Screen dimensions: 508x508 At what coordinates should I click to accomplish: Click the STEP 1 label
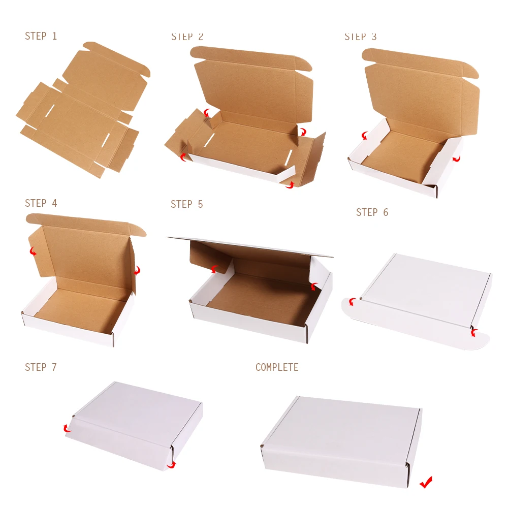pos(41,36)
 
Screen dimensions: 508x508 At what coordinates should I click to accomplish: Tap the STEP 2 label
pos(187,37)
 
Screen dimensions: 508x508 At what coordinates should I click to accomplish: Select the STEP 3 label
pos(361,37)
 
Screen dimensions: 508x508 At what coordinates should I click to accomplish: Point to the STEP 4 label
pos(41,203)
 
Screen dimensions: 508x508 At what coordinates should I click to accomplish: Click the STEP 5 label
pos(186,204)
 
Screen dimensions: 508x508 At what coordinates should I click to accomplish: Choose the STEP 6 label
pos(372,212)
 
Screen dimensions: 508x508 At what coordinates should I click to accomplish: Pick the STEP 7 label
pos(41,367)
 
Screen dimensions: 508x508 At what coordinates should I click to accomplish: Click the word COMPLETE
pos(277,367)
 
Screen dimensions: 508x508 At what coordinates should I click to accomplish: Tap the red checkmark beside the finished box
pos(426,482)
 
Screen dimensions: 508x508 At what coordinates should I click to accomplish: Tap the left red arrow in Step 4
pos(33,251)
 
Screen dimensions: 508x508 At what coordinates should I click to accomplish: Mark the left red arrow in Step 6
pos(351,302)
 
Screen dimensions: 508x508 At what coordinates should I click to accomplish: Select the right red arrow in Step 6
pos(473,333)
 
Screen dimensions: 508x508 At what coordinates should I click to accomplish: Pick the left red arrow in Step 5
pos(215,269)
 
